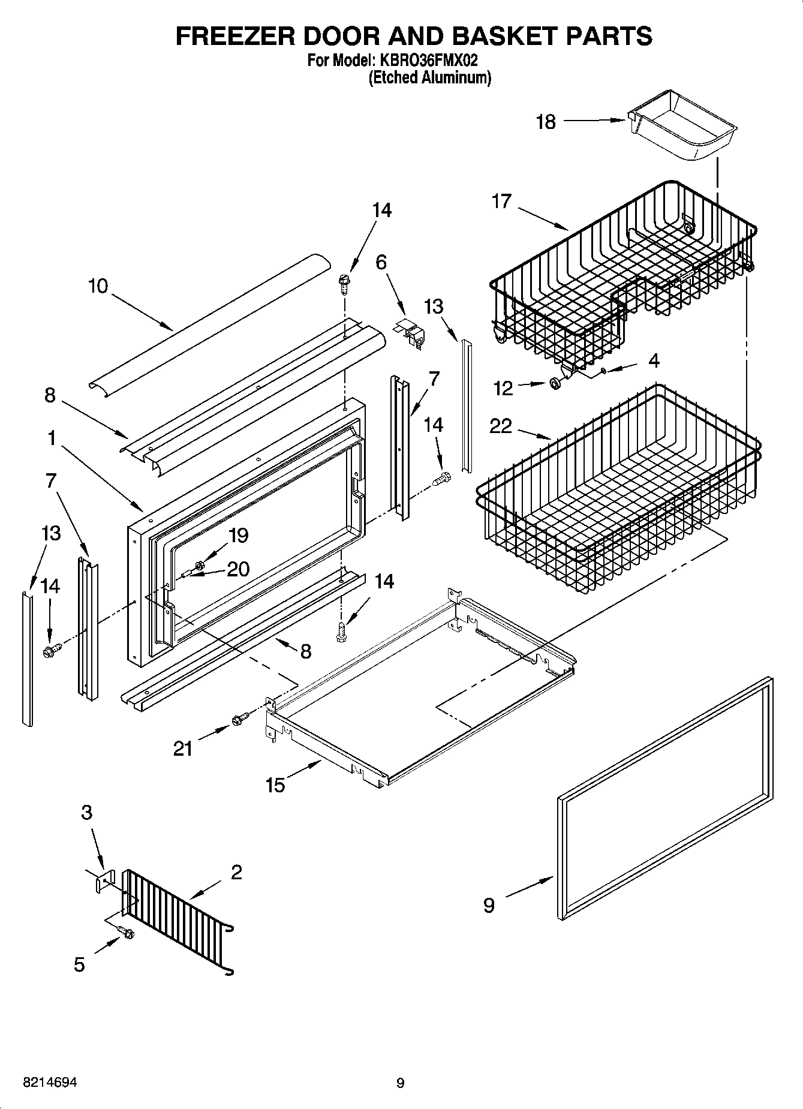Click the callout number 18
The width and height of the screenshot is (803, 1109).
click(546, 122)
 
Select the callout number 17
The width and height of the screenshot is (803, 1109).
click(501, 201)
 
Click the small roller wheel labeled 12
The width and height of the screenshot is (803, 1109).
click(556, 383)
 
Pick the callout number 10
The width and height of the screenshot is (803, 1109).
click(98, 286)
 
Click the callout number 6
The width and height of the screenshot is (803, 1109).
click(381, 262)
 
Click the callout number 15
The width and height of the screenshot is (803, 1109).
click(275, 785)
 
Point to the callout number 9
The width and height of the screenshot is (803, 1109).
click(489, 904)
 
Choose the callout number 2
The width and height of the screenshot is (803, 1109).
click(236, 872)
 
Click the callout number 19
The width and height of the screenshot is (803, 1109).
click(239, 535)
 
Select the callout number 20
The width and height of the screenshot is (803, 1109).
click(237, 569)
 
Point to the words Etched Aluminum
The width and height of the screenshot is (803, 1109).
click(429, 77)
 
